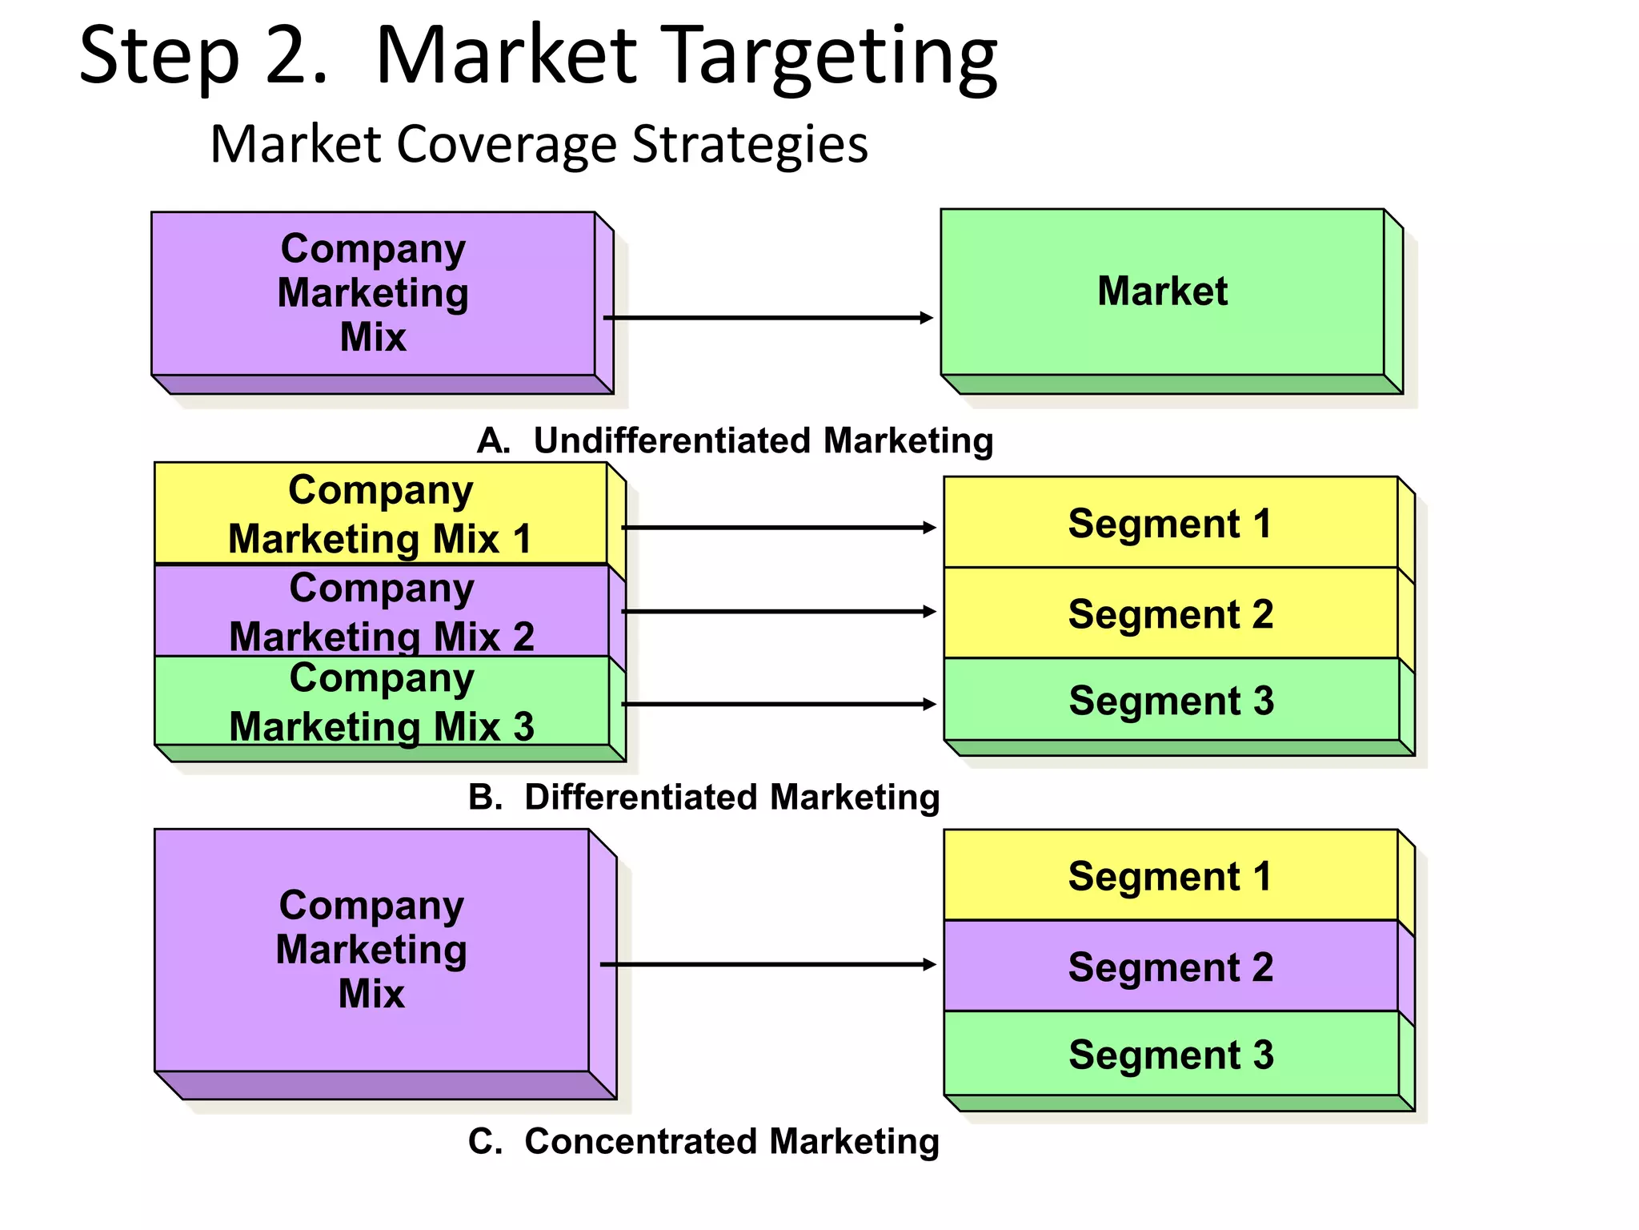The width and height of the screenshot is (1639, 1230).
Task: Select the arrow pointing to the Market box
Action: [x=768, y=318]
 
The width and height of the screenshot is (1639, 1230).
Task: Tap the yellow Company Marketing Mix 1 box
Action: [x=380, y=513]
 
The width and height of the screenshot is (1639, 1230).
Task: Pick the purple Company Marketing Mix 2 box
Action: [x=381, y=611]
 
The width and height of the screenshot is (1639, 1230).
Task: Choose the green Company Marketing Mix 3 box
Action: [x=381, y=701]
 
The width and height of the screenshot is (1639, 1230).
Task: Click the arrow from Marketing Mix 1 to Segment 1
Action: [x=778, y=528]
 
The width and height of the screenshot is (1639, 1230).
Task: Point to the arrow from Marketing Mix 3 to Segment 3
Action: [x=778, y=704]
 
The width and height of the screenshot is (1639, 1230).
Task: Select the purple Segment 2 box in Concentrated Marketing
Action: [x=1170, y=967]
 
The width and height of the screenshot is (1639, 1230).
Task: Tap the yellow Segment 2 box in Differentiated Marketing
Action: [x=1170, y=613]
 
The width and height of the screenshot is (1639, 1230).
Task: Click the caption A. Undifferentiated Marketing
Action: [x=735, y=440]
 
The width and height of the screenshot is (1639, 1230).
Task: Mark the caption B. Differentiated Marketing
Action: [x=704, y=797]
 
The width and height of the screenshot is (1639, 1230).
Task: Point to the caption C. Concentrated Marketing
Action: [x=704, y=1141]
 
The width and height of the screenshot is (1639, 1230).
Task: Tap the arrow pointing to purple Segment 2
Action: [x=768, y=964]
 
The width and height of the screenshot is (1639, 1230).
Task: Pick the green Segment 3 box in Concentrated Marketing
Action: [x=1170, y=1054]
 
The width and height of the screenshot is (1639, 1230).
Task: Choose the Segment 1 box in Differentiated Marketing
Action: [x=1170, y=523]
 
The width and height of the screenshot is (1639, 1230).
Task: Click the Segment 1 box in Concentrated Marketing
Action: [x=1170, y=875]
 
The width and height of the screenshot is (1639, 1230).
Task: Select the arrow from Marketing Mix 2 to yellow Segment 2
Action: [x=778, y=612]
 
